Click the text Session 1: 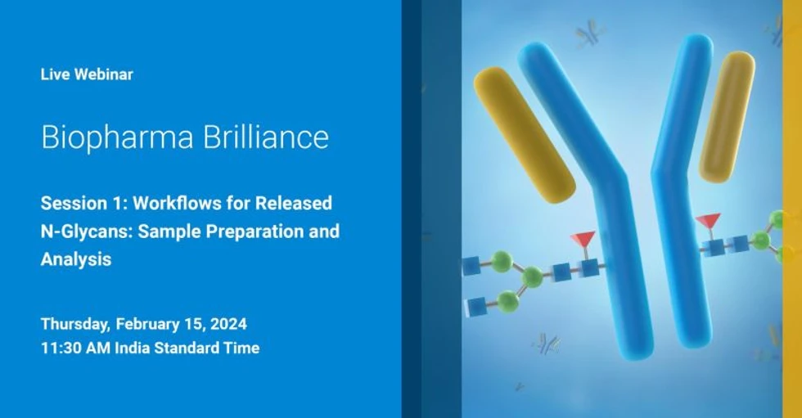[x=82, y=203]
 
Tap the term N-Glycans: [x=87, y=231]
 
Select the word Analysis [x=76, y=259]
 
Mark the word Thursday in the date [x=77, y=324]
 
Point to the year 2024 [x=229, y=324]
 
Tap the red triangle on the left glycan [x=583, y=240]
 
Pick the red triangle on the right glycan [x=707, y=221]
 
